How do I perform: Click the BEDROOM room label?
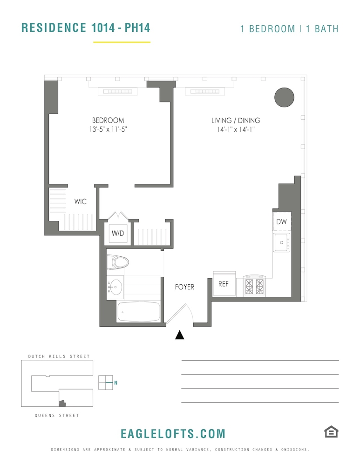108,120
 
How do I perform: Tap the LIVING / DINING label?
236,120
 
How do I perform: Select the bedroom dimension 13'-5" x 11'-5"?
108,129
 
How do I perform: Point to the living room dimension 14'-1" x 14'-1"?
236,129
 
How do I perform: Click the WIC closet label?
81,201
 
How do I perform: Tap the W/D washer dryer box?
118,233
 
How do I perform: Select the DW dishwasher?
282,221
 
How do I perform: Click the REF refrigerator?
224,284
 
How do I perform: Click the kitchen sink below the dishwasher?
281,242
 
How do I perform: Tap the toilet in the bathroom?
118,262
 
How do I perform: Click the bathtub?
138,312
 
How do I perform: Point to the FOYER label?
184,287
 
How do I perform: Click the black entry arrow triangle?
179,335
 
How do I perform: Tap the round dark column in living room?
284,97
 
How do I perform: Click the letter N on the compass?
115,383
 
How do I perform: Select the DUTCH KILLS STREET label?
59,356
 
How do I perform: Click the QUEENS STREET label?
57,416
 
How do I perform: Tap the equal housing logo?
331,432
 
